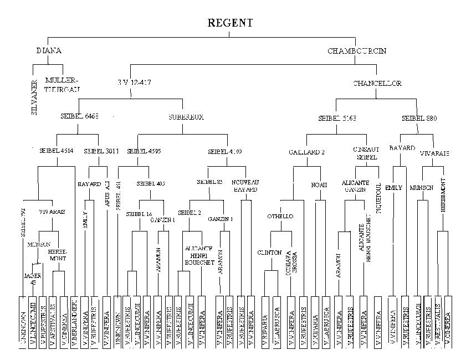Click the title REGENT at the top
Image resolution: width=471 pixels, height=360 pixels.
[x=230, y=23]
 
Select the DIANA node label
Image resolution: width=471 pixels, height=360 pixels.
[x=49, y=51]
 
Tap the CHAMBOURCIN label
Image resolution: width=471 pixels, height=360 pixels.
[x=357, y=51]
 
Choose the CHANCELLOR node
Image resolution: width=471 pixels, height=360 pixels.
[x=377, y=84]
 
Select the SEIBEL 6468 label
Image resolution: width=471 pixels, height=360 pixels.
[x=79, y=117]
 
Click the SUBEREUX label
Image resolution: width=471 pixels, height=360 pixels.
[x=183, y=117]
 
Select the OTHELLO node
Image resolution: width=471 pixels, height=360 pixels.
[x=280, y=216]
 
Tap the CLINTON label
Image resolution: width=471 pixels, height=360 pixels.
[x=269, y=252]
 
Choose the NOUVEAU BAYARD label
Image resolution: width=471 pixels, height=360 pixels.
[x=244, y=186]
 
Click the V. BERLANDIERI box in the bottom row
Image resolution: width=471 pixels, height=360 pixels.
[x=74, y=324]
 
